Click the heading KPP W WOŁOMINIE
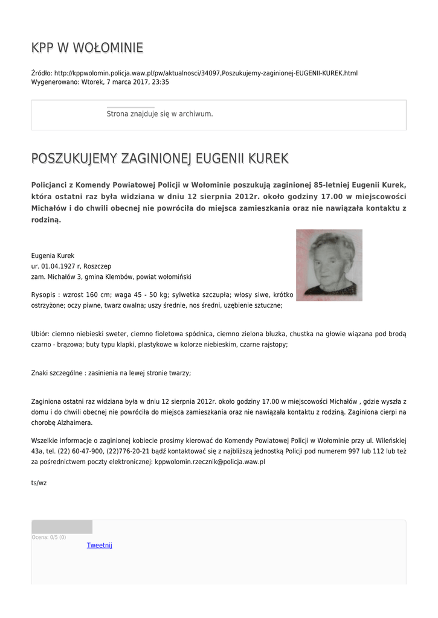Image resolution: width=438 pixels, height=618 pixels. coord(87,48)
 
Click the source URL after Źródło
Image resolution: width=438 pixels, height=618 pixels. coord(205,73)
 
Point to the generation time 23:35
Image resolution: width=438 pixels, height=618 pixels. coord(161,81)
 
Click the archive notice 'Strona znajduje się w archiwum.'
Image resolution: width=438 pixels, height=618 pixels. coord(159,113)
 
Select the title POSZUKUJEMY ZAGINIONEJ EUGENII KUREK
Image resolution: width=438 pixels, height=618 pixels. coord(159,159)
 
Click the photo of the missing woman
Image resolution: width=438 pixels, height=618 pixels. coord(329,265)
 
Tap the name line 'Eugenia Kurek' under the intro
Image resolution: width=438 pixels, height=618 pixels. coord(53,256)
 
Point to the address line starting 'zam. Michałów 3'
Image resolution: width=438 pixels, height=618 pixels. coord(111,276)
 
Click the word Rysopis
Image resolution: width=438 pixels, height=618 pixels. coord(45,295)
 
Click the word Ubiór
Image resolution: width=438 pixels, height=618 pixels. coord(40,334)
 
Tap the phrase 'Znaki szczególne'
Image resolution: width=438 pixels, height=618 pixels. coord(57,373)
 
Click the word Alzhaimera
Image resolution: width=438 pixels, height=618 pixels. coord(76,422)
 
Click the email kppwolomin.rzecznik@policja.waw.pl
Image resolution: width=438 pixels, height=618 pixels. coord(210,462)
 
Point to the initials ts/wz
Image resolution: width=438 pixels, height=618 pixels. coord(39,483)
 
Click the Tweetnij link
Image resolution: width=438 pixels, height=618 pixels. coord(99,545)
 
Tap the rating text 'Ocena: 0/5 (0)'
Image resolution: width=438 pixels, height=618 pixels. coord(48,537)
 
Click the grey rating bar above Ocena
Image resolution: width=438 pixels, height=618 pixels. coord(62,527)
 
